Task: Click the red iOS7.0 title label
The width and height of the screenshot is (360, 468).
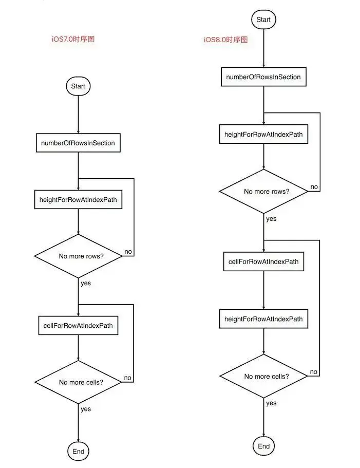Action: (73, 39)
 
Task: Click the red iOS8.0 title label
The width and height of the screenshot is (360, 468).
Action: (226, 40)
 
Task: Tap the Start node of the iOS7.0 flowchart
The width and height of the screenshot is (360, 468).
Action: (78, 86)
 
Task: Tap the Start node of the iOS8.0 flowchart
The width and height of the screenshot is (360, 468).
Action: (263, 20)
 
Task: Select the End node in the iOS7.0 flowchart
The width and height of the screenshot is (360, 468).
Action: (78, 451)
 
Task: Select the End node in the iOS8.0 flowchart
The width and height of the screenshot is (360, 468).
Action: (263, 446)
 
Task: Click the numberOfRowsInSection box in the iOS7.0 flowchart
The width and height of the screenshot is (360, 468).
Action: (78, 143)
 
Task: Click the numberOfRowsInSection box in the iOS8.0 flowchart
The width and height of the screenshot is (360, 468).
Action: (263, 77)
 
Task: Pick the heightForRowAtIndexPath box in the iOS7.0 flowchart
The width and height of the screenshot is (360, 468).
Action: (78, 200)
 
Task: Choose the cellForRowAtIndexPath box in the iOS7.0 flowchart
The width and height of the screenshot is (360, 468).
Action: (78, 326)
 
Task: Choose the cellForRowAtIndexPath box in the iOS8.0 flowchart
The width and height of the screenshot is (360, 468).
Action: (263, 262)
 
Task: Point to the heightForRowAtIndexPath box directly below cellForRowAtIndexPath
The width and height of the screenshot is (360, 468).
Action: (263, 319)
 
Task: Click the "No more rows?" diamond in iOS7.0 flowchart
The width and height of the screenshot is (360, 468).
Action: (78, 256)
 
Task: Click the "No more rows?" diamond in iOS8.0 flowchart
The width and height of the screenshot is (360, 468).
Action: (263, 191)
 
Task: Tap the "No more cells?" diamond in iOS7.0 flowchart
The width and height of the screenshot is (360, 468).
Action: (78, 382)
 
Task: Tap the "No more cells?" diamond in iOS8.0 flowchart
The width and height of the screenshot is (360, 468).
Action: (263, 377)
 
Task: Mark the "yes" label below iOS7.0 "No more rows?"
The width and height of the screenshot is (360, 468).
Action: (86, 283)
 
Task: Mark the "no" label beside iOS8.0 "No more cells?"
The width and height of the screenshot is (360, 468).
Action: (313, 372)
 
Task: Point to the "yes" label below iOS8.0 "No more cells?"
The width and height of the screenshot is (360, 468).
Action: (271, 403)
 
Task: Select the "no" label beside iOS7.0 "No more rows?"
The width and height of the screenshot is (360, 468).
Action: (128, 252)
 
